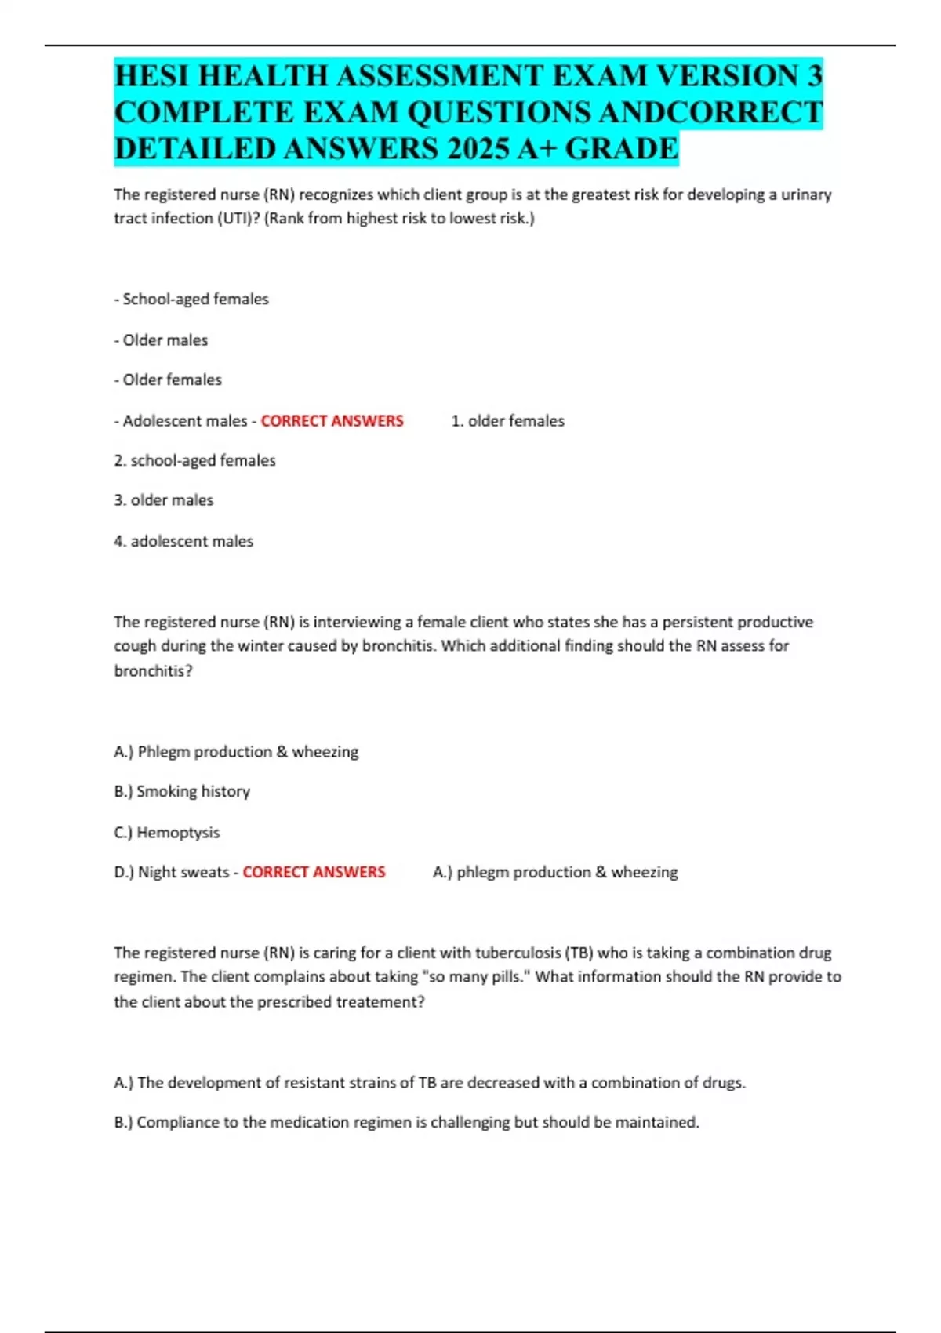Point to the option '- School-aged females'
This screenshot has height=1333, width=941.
(x=191, y=299)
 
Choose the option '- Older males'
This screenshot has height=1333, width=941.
(x=161, y=340)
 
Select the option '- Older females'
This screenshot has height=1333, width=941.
(x=168, y=380)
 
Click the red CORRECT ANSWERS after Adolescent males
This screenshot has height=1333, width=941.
(x=332, y=421)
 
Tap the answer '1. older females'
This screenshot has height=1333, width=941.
(x=507, y=421)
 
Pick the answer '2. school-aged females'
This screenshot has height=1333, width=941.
(x=194, y=460)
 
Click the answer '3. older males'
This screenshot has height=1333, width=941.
(x=163, y=500)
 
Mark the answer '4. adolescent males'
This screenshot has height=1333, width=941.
(x=183, y=541)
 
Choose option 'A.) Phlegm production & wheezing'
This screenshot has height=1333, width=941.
(x=236, y=752)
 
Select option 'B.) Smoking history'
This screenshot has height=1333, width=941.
(x=182, y=791)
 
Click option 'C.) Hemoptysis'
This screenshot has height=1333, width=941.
(x=167, y=833)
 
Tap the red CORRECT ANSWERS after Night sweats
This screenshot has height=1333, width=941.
(x=314, y=872)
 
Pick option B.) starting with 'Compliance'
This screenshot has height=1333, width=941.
(x=406, y=1122)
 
